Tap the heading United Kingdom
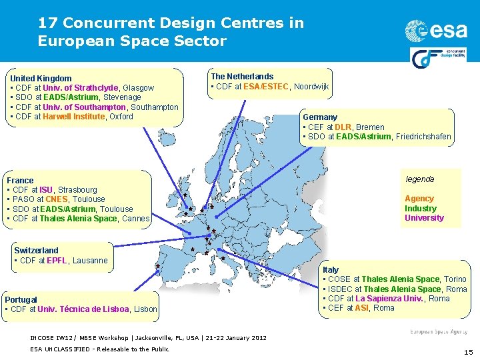pyautogui.click(x=41, y=79)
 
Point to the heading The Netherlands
pyautogui.click(x=242, y=77)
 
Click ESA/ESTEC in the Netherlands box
pyautogui.click(x=266, y=87)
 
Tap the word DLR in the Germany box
pyautogui.click(x=343, y=127)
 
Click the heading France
pyautogui.click(x=20, y=181)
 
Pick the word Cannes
pyautogui.click(x=136, y=219)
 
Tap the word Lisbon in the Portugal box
pyautogui.click(x=145, y=309)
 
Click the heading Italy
pyautogui.click(x=330, y=270)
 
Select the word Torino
pyautogui.click(x=455, y=279)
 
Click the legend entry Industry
pyautogui.click(x=420, y=209)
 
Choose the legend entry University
pyautogui.click(x=424, y=218)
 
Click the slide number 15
pyautogui.click(x=467, y=351)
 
